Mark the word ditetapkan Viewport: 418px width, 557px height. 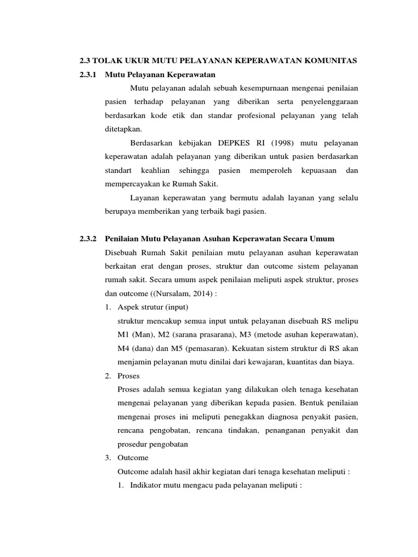tap(125, 129)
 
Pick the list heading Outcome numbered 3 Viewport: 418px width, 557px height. tap(133, 458)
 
